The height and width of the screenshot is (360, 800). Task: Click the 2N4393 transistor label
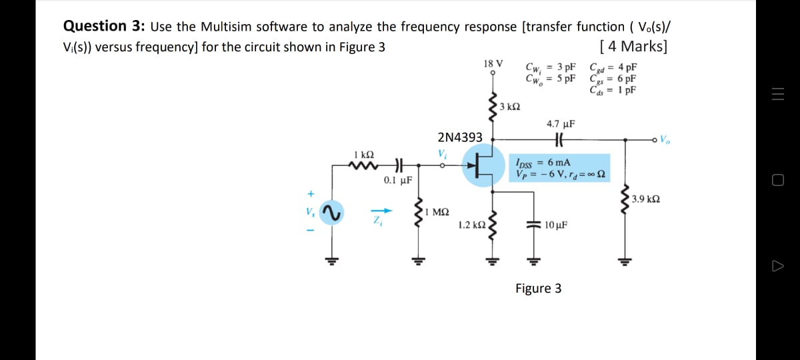(459, 137)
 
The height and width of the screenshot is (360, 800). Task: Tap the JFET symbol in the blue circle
(481, 162)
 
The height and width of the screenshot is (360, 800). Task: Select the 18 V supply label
(493, 64)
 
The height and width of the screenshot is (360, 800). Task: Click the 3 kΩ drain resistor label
(510, 107)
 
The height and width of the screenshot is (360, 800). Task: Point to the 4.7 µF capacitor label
(560, 124)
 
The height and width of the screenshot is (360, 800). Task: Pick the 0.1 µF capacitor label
(397, 180)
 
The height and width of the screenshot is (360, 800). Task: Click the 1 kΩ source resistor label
(365, 154)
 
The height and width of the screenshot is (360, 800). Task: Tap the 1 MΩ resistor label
(437, 212)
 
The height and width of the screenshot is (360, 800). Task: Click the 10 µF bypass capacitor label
(556, 225)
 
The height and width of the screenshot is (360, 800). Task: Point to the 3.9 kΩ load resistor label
(646, 199)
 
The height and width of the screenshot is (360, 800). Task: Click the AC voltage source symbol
(329, 214)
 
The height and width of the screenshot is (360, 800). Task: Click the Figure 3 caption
(538, 288)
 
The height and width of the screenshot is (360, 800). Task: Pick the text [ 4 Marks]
(633, 47)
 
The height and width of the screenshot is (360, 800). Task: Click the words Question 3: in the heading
(105, 27)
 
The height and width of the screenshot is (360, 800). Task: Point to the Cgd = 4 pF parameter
(613, 67)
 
